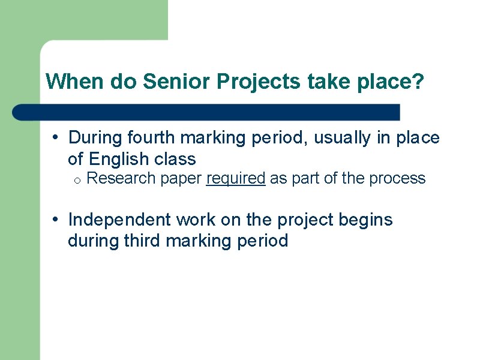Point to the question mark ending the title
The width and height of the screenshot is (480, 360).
[418, 82]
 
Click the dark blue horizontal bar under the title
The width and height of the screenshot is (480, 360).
[207, 112]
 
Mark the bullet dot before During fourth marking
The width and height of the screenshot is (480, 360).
[55, 138]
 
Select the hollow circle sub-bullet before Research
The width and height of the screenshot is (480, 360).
[78, 179]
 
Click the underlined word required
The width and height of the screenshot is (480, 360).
[235, 178]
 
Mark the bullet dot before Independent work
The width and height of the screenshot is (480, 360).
[55, 220]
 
